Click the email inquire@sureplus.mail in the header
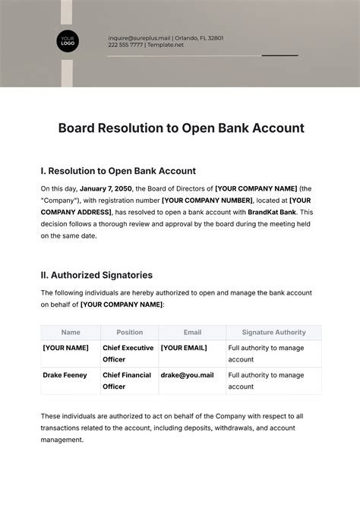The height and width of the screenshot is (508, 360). coord(140,37)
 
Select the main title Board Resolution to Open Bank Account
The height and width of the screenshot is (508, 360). coord(181,128)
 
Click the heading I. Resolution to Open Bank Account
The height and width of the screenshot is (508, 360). coord(118,171)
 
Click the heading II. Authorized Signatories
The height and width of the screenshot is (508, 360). coord(96,275)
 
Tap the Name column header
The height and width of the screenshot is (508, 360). coord(71,332)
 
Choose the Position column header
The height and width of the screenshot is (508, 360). coord(129,332)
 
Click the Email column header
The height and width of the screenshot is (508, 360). coord(192,332)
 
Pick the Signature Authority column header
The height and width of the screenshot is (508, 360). coord(273,332)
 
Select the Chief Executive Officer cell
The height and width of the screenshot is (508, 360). coord(128,353)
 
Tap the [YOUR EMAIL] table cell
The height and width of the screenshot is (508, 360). coord(183,347)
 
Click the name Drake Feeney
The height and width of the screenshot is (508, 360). coord(65,374)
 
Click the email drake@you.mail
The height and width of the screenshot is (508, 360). coord(187,374)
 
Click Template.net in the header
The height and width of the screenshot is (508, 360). coord(166,46)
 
